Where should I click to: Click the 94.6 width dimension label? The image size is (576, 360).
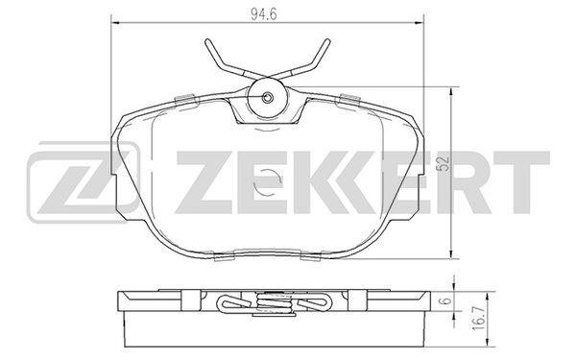(263, 14)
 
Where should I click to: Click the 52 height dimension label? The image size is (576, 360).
(444, 163)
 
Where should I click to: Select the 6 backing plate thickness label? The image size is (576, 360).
(445, 300)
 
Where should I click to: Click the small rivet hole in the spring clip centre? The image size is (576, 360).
(268, 97)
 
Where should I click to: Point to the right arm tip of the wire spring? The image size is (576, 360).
(327, 40)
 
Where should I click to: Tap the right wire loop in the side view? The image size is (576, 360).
(316, 303)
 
